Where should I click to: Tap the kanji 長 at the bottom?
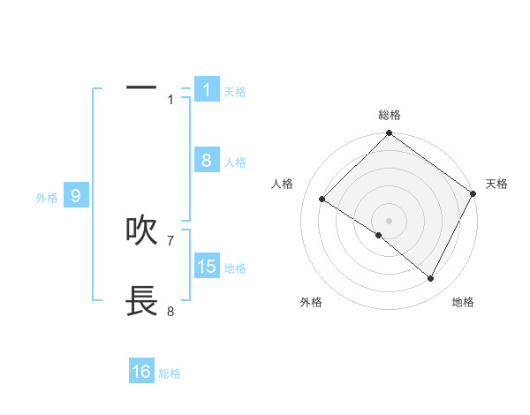pyautogui.click(x=141, y=301)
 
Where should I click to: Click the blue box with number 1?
pyautogui.click(x=207, y=89)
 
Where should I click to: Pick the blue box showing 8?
pyautogui.click(x=207, y=160)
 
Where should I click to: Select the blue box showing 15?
pyautogui.click(x=207, y=266)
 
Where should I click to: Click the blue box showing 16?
pyautogui.click(x=141, y=372)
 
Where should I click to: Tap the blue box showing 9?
pyautogui.click(x=76, y=196)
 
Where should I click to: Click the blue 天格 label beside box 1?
pyautogui.click(x=235, y=92)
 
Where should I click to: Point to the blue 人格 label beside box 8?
pyautogui.click(x=235, y=162)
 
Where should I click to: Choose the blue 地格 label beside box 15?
pyautogui.click(x=235, y=268)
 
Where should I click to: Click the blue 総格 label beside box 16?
pyautogui.click(x=170, y=374)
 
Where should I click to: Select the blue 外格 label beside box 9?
pyautogui.click(x=47, y=199)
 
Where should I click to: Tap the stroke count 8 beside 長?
pyautogui.click(x=170, y=311)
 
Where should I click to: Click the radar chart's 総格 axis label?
pyautogui.click(x=389, y=115)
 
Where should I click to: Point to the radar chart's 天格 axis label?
pyautogui.click(x=496, y=184)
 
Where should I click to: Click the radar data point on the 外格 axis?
pyautogui.click(x=379, y=235)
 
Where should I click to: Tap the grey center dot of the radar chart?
pyautogui.click(x=389, y=220)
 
